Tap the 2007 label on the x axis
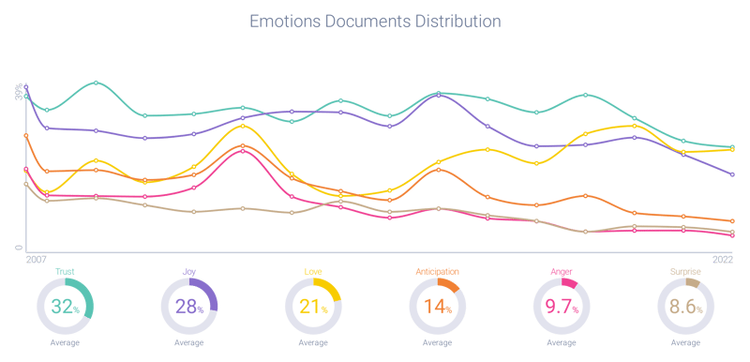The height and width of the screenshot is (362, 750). (x=37, y=257)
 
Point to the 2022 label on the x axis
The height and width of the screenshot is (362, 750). (x=723, y=257)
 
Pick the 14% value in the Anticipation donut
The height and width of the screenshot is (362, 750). (x=438, y=307)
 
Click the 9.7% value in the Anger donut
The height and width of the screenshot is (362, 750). (x=562, y=307)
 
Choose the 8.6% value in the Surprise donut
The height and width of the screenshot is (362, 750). (x=687, y=307)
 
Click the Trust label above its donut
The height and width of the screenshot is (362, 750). (x=65, y=272)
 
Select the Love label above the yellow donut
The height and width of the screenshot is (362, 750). (x=314, y=272)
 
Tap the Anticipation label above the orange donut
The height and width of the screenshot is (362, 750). (x=438, y=272)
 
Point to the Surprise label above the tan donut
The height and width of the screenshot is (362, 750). (x=687, y=272)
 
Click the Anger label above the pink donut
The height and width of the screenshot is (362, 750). (x=562, y=272)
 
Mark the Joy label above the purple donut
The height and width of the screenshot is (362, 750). (x=189, y=272)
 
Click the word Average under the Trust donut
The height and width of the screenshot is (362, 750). (x=65, y=343)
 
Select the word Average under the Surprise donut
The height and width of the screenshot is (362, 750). (x=687, y=343)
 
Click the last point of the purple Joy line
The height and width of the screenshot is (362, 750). (x=732, y=174)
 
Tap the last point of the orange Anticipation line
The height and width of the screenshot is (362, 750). (x=732, y=221)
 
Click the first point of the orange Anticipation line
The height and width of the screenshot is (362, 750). (x=26, y=136)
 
